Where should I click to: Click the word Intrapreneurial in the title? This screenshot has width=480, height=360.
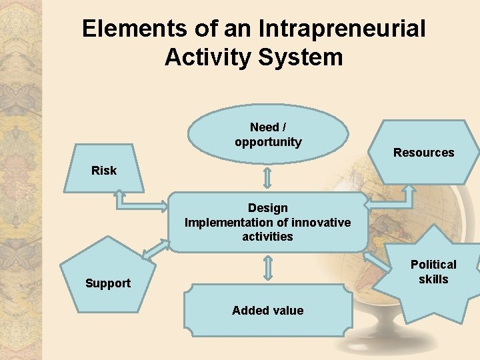click(342, 29)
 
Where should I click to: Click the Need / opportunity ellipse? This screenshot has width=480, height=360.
click(267, 134)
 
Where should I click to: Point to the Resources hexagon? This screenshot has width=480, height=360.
click(423, 153)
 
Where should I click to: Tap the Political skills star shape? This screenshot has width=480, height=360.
click(433, 272)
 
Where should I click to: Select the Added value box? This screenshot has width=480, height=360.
click(267, 310)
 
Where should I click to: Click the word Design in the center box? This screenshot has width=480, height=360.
click(267, 208)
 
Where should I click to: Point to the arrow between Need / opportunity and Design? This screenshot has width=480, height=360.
click(267, 178)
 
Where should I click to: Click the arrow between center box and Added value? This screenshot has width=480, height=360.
click(267, 267)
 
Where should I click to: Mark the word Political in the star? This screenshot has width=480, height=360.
click(433, 265)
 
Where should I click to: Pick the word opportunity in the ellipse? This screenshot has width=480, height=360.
click(267, 142)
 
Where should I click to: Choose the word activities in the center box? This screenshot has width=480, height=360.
click(267, 236)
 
